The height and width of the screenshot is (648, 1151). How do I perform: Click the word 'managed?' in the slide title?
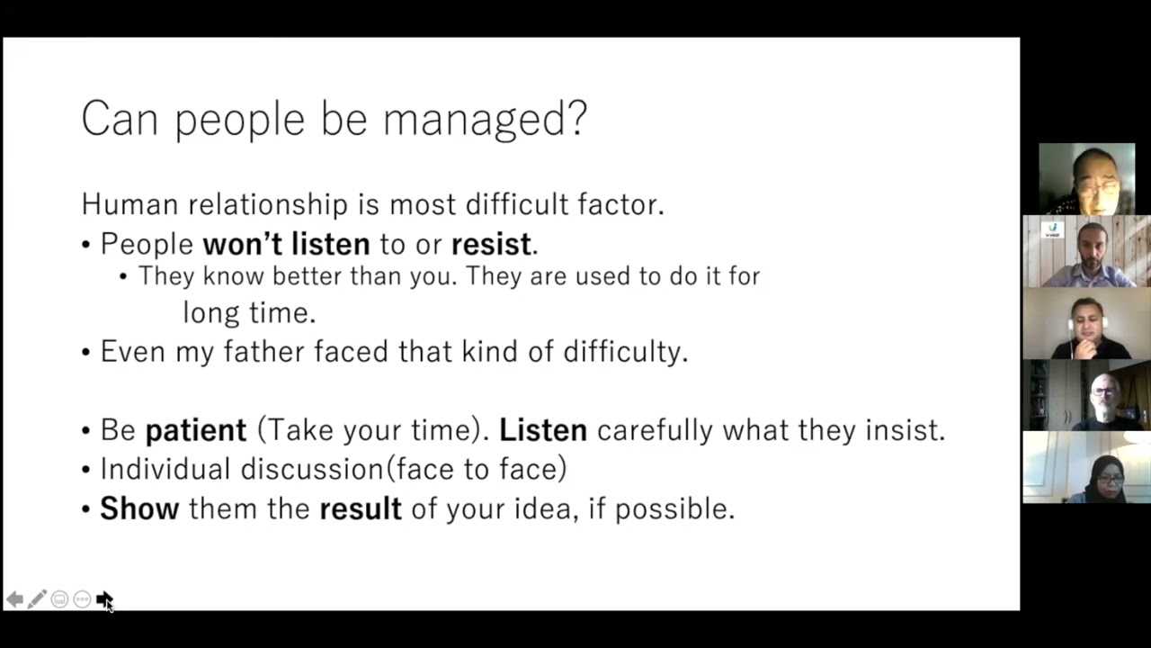(486, 120)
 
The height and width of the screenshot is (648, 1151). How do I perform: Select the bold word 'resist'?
(491, 244)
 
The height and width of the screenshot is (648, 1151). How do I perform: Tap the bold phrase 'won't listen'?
(286, 244)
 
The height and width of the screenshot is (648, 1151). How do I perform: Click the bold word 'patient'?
(195, 430)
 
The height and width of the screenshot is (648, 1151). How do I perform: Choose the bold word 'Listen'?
(542, 430)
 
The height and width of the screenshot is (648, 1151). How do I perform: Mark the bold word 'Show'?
(139, 508)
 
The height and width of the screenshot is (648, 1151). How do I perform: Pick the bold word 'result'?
(360, 508)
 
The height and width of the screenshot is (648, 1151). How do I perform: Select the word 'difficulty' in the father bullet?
(624, 351)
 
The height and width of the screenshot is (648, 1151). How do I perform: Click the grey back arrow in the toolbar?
(14, 599)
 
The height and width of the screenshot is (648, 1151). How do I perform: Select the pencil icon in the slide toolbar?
(37, 599)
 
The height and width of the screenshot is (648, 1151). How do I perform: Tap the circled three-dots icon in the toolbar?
(82, 599)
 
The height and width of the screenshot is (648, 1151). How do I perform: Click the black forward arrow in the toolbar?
(103, 598)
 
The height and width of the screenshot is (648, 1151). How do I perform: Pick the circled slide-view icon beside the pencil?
(59, 599)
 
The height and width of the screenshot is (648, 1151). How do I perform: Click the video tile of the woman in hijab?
(1086, 467)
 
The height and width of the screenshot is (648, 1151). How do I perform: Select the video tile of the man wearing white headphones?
(1086, 324)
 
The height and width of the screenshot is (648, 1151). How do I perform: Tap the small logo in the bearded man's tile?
(1053, 230)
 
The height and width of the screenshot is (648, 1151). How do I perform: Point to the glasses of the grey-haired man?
(1105, 391)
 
